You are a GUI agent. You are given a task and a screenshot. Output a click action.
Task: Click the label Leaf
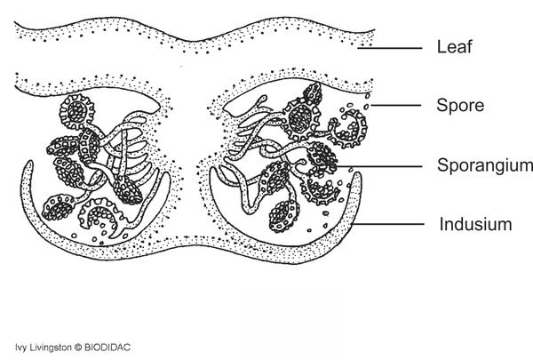[454, 46]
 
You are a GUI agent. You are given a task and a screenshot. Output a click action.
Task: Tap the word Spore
[460, 105]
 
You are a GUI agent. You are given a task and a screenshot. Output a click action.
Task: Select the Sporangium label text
[485, 165]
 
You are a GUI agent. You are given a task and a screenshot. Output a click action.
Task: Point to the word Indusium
[475, 225]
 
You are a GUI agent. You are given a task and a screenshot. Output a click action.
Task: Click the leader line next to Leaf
[390, 48]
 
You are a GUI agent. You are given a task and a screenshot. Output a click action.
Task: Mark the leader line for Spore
[396, 106]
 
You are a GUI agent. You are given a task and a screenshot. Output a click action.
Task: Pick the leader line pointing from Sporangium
[378, 166]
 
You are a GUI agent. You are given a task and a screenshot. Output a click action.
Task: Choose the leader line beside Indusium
[388, 224]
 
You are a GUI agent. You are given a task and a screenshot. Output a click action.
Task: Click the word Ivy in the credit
[20, 348]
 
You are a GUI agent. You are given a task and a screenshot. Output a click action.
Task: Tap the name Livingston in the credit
[49, 348]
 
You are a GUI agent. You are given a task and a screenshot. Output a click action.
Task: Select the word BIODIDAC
[107, 348]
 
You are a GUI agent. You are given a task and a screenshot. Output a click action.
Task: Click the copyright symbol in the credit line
[78, 348]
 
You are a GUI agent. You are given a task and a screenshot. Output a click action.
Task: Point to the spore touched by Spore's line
[366, 107]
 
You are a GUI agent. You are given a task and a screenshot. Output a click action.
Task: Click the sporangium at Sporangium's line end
[322, 159]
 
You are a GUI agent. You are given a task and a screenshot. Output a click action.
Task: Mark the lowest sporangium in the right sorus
[283, 216]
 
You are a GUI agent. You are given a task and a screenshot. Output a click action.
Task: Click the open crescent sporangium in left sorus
[101, 215]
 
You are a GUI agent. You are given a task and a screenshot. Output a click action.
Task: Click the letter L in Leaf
[442, 46]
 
